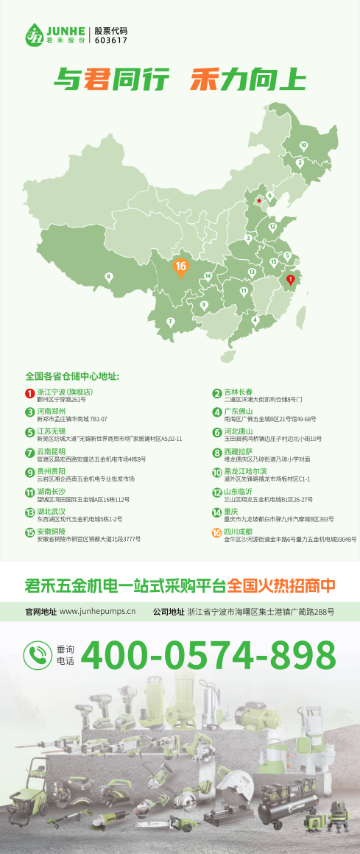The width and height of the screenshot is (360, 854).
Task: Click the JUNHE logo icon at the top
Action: click(35, 33)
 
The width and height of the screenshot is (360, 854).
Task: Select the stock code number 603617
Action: click(111, 41)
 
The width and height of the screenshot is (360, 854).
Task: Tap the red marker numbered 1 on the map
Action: click(290, 280)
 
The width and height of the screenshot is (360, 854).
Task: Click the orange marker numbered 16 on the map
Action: click(180, 267)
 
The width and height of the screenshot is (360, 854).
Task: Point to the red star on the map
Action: click(258, 200)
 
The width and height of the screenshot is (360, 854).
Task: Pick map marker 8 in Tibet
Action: click(109, 278)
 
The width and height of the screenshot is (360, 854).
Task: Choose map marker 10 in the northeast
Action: click(303, 146)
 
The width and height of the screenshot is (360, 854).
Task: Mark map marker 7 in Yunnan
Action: click(171, 321)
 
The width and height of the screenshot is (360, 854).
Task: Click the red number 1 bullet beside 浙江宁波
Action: click(30, 393)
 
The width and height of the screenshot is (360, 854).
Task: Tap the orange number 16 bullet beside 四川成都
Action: click(217, 532)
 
